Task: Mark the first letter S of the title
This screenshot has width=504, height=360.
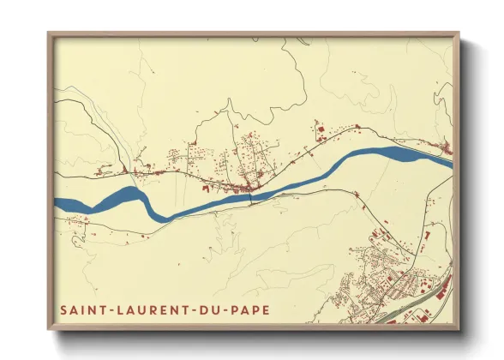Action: [x=62, y=307]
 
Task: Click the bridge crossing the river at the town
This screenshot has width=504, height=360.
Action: [x=250, y=197]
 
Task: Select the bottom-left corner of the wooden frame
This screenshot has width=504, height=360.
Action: [x=49, y=329]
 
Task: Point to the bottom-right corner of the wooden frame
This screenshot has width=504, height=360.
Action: [x=459, y=329]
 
